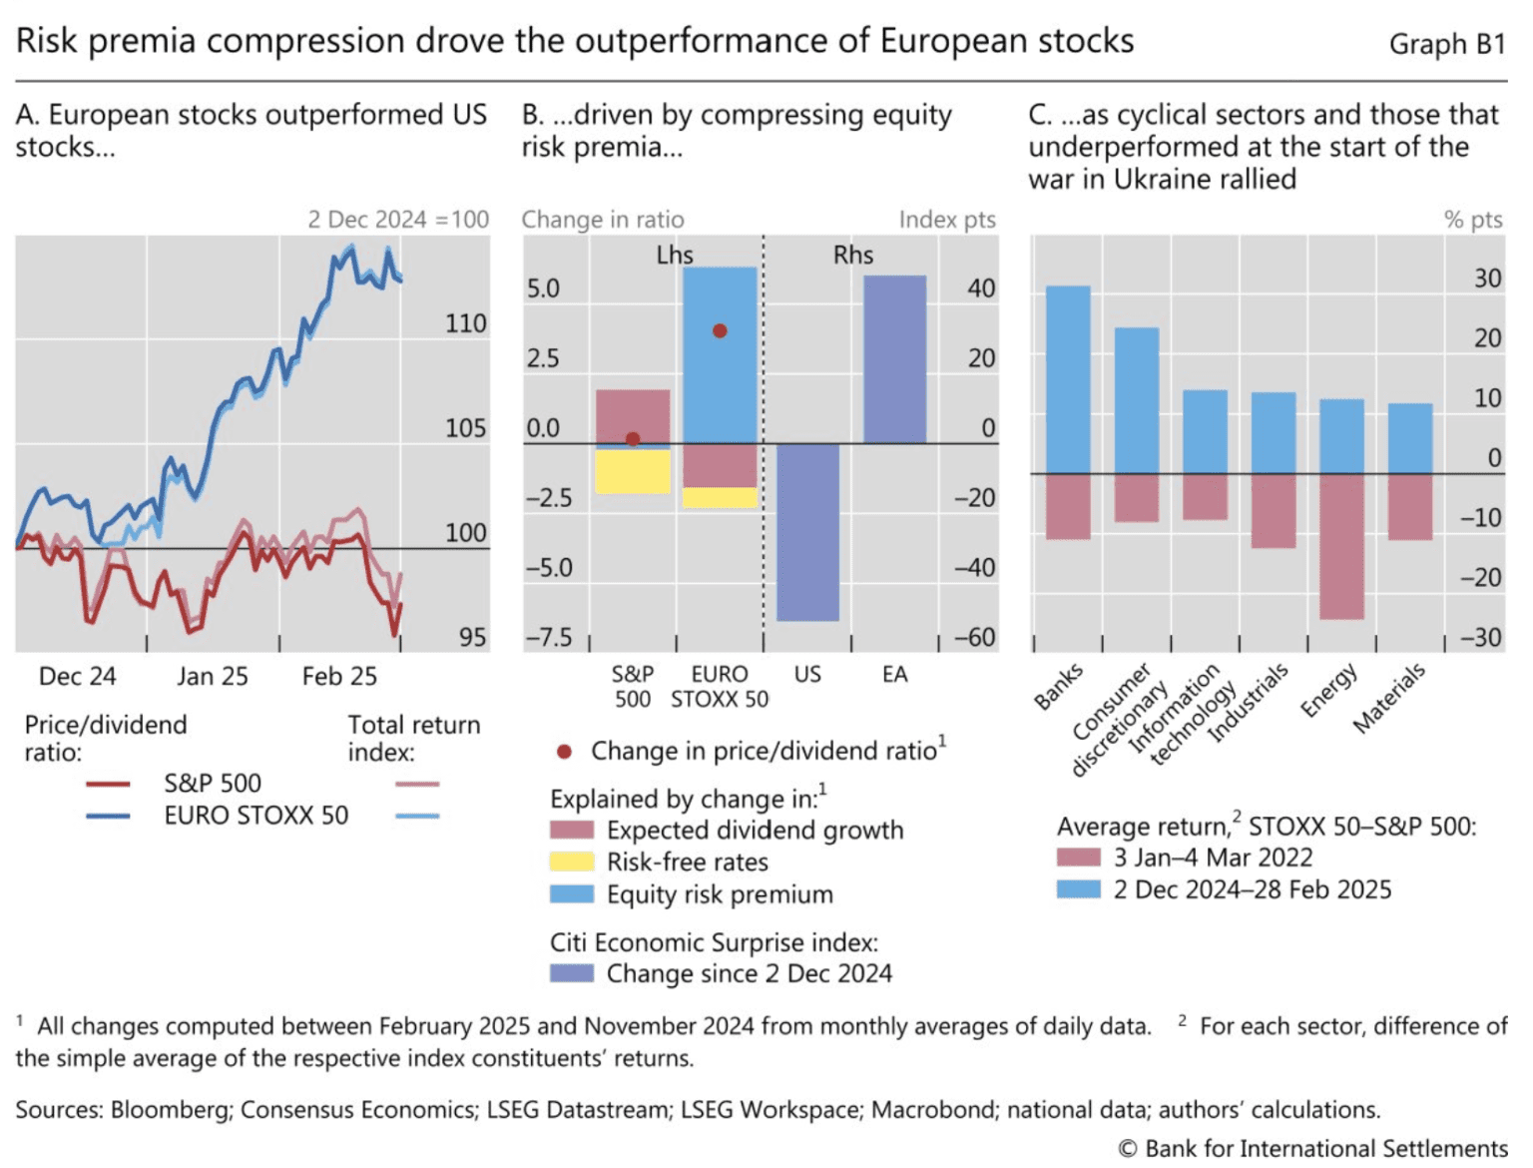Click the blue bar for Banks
[x=1067, y=379]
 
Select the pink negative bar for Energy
[x=1340, y=546]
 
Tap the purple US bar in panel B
[x=807, y=532]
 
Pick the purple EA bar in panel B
[x=894, y=359]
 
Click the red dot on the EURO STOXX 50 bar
[x=720, y=330]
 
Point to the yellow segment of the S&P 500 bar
[x=632, y=471]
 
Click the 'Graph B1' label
[x=1446, y=44]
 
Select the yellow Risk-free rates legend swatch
[x=572, y=862]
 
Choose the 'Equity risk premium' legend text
[x=720, y=894]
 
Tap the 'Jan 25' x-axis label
[x=212, y=677]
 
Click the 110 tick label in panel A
[x=465, y=323]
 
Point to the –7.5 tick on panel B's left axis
[x=549, y=637]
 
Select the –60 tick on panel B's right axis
[x=974, y=637]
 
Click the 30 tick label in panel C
[x=1487, y=279]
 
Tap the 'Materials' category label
[x=1389, y=698]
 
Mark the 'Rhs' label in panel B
[x=852, y=256]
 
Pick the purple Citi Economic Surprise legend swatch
[x=572, y=973]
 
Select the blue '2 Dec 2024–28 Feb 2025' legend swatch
[x=1079, y=888]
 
